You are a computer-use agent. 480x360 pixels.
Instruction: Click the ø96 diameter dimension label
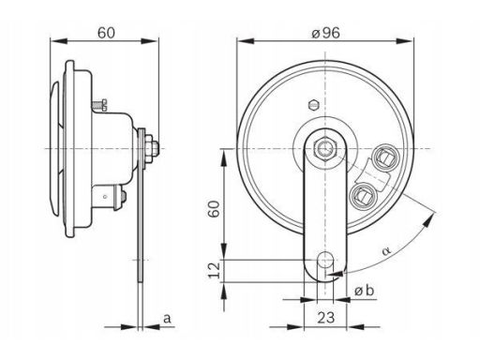[x=325, y=33]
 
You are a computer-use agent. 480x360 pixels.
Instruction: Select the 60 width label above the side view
[x=106, y=33]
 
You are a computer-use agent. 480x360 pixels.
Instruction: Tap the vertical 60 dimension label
[x=215, y=209]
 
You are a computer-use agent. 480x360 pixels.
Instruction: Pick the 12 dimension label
[x=215, y=270]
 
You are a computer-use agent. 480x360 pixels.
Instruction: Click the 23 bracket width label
[x=326, y=318]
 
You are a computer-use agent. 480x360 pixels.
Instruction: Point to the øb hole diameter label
[x=364, y=291]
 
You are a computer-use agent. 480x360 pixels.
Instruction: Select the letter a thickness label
[x=167, y=319]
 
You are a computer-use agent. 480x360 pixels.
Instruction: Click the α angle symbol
[x=386, y=250]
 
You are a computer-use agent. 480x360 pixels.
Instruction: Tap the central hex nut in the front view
[x=325, y=149]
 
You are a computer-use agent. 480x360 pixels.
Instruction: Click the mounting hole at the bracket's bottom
[x=325, y=259]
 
